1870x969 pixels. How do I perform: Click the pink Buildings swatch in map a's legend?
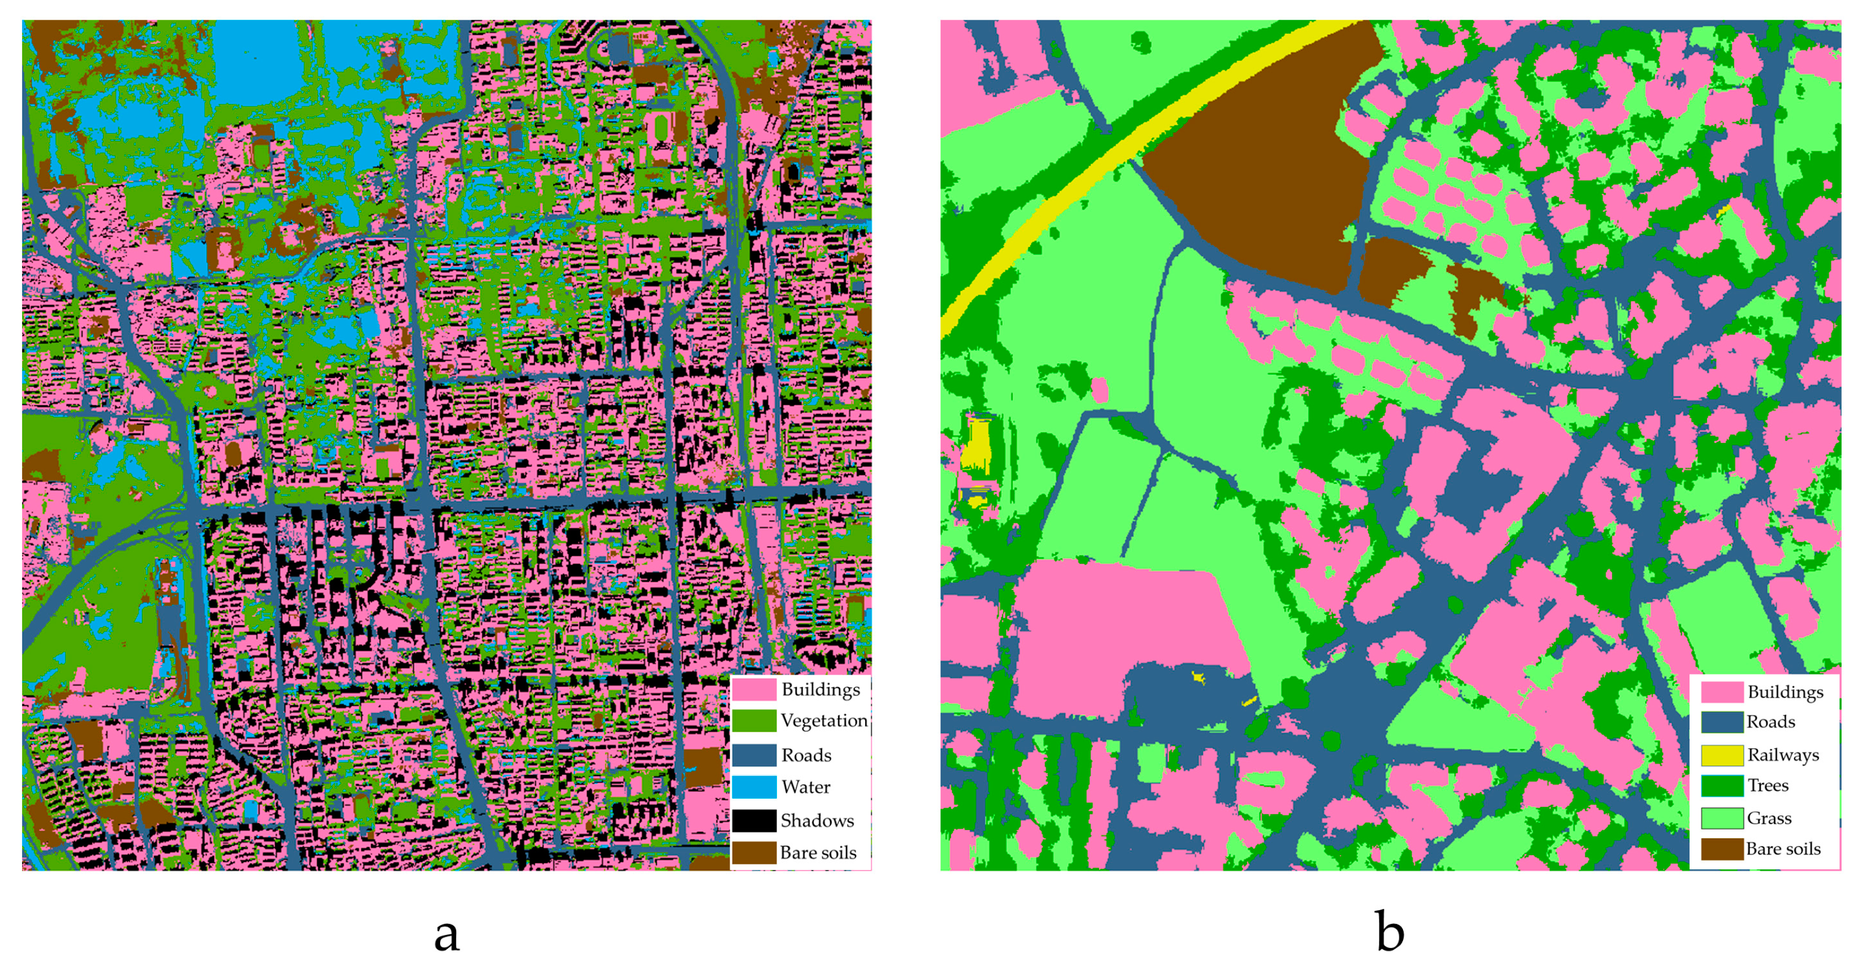coord(753,689)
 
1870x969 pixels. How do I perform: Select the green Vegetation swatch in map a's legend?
coord(753,721)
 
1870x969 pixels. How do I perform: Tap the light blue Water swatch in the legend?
coord(753,787)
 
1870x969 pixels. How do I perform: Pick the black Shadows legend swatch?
coord(753,820)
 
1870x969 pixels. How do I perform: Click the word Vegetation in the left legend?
coord(824,721)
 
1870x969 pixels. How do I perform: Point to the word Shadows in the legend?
coord(817,821)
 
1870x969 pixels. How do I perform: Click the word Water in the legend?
coord(806,787)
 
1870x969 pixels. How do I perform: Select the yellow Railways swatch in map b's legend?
coord(1721,755)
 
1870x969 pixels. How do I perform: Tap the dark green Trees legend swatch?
coord(1721,786)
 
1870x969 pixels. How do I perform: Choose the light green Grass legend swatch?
coord(1721,818)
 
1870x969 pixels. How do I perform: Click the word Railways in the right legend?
coord(1783,756)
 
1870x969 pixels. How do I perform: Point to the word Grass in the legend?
coord(1769,818)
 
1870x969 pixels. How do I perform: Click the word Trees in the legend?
coord(1767,786)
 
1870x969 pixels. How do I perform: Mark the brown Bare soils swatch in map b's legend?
coord(1721,849)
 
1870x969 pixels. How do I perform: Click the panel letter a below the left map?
coord(447,935)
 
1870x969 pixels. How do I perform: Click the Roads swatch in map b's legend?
coord(1721,722)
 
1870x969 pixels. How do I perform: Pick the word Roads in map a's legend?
coord(806,756)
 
